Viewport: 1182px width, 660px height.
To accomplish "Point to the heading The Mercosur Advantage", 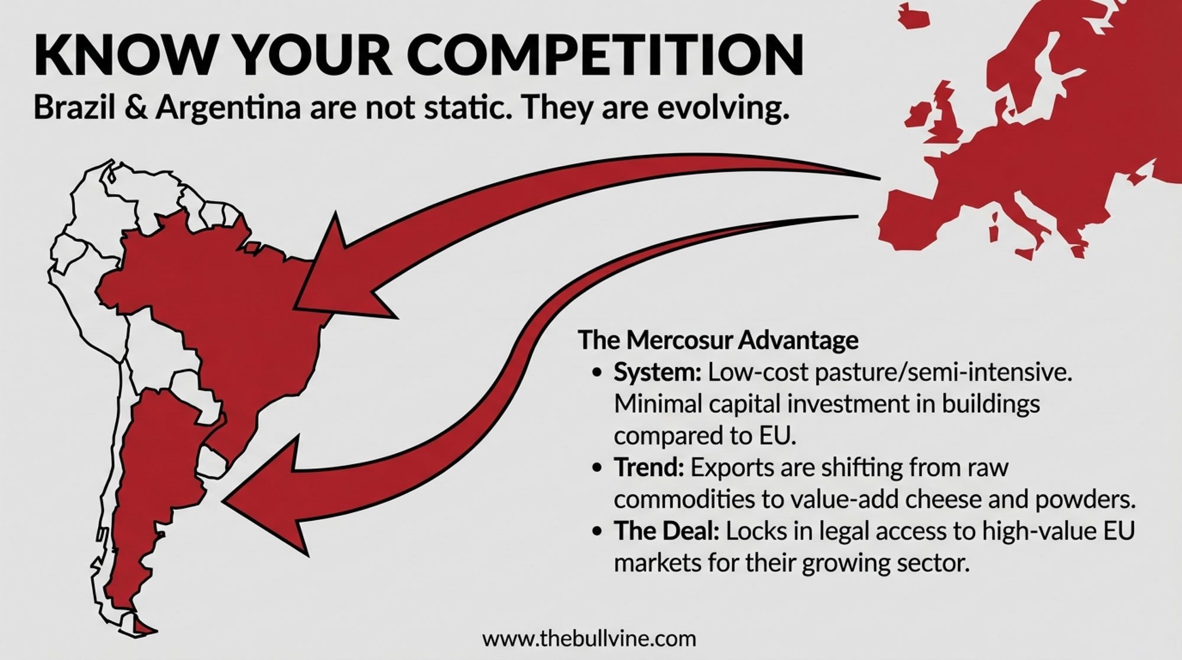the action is [718, 340].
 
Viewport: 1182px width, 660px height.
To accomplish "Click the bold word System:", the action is [657, 374].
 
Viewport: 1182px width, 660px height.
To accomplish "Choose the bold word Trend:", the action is [649, 468].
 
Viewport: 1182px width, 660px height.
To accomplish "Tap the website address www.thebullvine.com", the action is [589, 639].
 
